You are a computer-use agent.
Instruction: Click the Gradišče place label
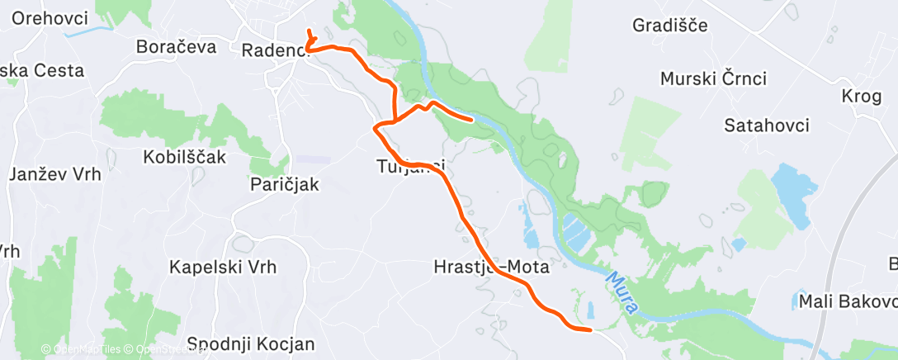(x=669, y=25)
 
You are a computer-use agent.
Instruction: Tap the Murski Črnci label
(x=714, y=79)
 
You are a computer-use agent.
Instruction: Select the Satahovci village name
(x=766, y=126)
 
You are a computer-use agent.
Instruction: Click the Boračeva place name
(x=177, y=46)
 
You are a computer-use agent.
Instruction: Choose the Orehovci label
(x=51, y=17)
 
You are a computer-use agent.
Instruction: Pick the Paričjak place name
(x=284, y=184)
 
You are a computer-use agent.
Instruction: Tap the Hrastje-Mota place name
(x=490, y=267)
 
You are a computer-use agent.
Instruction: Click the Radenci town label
(x=272, y=50)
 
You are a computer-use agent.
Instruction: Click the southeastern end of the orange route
(x=590, y=330)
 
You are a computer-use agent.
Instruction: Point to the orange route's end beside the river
(x=471, y=120)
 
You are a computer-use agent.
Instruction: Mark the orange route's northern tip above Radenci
(x=308, y=31)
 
